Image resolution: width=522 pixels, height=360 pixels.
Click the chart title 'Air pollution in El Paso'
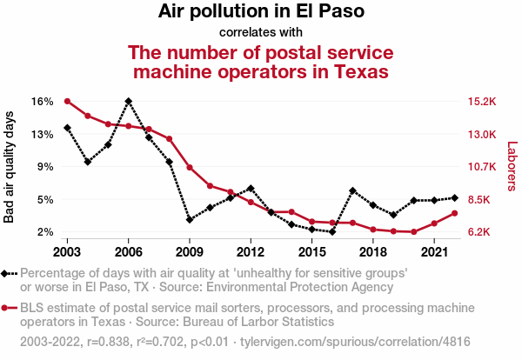[261, 12]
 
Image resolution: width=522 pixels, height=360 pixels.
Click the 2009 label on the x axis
[190, 251]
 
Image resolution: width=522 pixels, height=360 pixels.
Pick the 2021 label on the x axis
[434, 251]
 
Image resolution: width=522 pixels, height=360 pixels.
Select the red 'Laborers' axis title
[512, 167]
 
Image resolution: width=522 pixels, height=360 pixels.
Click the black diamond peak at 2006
[129, 101]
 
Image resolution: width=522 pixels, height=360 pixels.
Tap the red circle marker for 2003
[67, 101]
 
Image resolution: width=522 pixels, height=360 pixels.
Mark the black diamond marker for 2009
[190, 220]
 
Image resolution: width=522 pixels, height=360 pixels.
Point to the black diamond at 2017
[352, 190]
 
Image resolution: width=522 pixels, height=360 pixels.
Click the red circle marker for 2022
[454, 213]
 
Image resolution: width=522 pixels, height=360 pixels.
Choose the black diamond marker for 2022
[454, 197]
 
